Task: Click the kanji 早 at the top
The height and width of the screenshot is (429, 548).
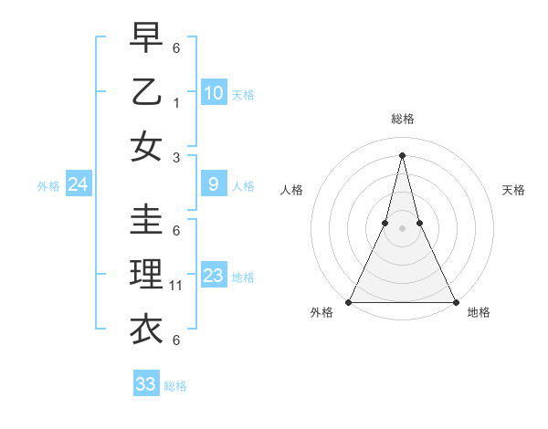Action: point(147,38)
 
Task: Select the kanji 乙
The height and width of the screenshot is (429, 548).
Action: point(147,92)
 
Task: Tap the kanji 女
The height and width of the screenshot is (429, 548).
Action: point(147,146)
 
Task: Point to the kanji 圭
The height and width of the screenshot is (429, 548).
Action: point(147,220)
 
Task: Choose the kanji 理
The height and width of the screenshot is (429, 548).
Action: point(147,274)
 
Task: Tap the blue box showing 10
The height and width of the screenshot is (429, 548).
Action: point(214,93)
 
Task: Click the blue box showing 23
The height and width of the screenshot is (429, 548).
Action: point(214,276)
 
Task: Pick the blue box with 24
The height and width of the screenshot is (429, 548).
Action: point(78,185)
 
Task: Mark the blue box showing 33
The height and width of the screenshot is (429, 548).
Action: point(146,384)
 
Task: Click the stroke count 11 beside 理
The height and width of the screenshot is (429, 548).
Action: point(176,286)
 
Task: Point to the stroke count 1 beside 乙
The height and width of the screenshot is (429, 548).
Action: point(176,103)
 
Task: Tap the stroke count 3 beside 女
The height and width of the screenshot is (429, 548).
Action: point(176,158)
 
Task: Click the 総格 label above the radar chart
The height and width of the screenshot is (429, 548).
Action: point(402,119)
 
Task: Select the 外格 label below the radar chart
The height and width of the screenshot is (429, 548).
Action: point(321,313)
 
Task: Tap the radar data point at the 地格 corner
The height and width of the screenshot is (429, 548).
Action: point(455,301)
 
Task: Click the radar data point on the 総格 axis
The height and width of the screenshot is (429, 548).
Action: point(402,154)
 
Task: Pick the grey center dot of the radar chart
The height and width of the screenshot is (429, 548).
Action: point(402,229)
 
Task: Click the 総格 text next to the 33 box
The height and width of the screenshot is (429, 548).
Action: point(175,386)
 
